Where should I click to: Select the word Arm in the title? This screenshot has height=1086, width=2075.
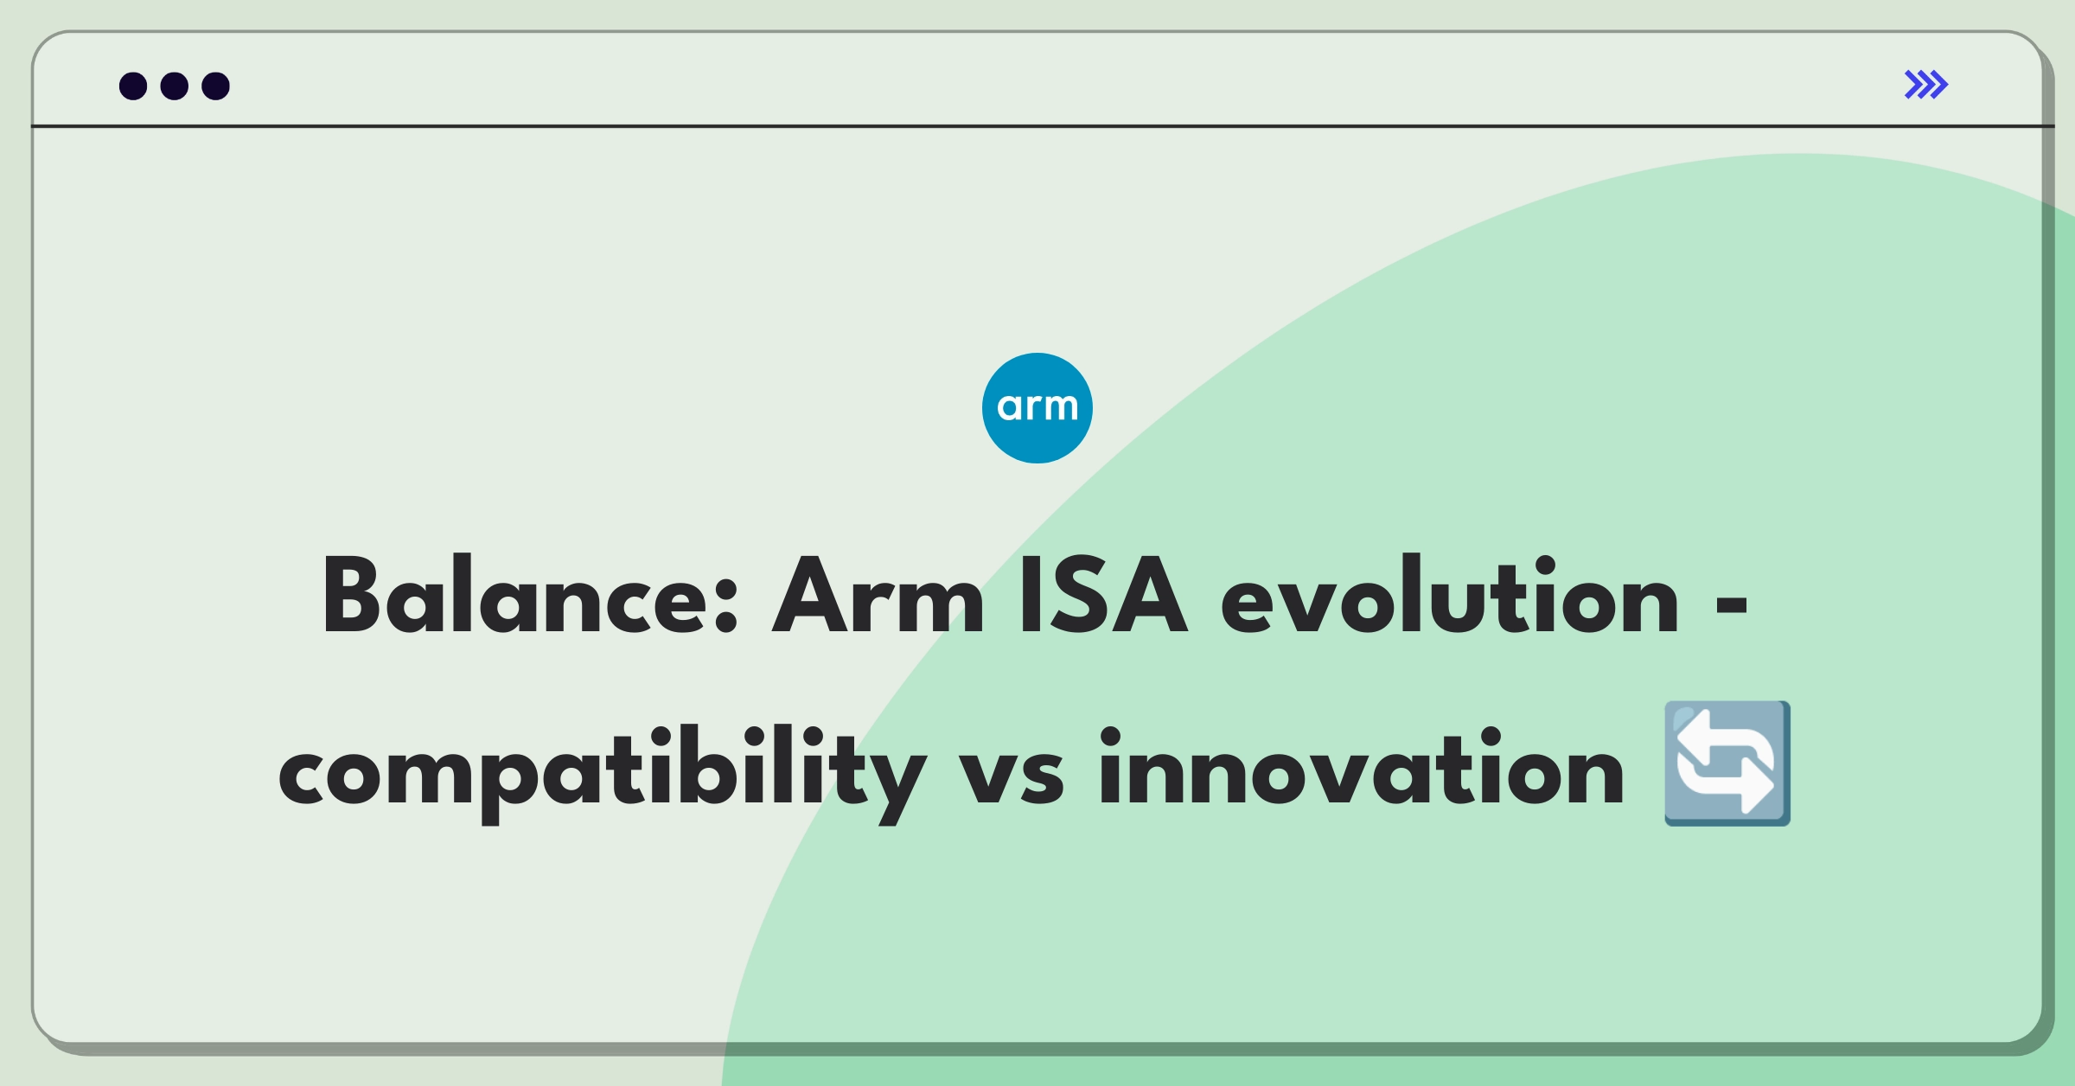click(878, 596)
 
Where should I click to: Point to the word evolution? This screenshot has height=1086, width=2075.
click(1450, 596)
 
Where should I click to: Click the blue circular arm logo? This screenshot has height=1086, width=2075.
click(1037, 408)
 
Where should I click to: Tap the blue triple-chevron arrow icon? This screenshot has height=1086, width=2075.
click(1926, 85)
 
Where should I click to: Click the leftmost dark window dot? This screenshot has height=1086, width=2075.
click(133, 86)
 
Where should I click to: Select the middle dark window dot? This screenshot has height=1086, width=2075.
click(175, 86)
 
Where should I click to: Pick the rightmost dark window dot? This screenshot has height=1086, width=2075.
click(216, 86)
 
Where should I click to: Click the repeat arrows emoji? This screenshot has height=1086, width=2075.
click(1727, 763)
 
